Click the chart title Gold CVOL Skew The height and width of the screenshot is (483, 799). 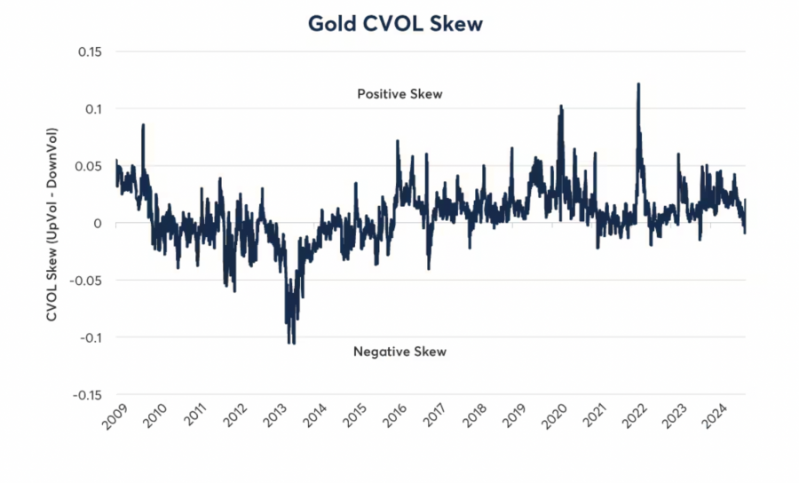click(395, 24)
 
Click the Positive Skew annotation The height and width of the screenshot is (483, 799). click(399, 93)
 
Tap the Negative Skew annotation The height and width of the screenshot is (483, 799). click(399, 352)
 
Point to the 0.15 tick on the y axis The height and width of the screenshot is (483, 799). click(88, 51)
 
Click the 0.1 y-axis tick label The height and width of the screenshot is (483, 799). click(93, 108)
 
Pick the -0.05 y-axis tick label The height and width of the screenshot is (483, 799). click(86, 281)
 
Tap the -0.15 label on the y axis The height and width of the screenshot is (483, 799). click(86, 395)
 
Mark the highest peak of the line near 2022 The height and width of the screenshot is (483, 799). click(638, 84)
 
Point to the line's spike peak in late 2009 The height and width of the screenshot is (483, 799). click(143, 125)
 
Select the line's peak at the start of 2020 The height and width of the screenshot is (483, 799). click(561, 107)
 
